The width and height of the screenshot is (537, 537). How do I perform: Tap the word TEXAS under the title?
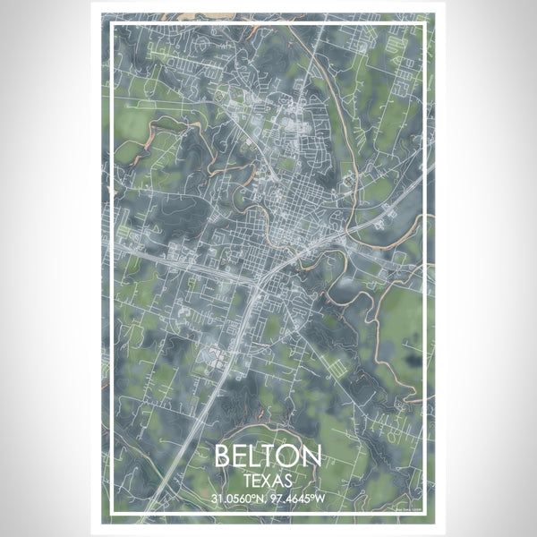[x=268, y=479]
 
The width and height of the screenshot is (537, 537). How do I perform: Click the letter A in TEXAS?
[x=278, y=479]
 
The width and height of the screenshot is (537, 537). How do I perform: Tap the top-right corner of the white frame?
[x=427, y=22]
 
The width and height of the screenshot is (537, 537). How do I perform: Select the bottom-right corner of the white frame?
[x=427, y=515]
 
